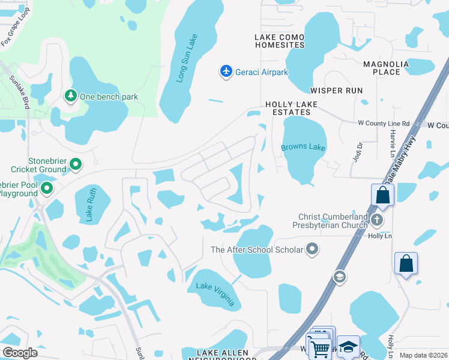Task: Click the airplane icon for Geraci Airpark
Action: coord(226,72)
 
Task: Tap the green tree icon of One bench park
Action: coord(71,96)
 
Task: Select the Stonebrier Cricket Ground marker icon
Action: coord(76,164)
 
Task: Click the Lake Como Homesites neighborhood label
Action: coord(280,41)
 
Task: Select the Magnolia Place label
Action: coord(386,68)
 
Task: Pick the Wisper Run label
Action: coord(336,91)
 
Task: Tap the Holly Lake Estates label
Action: coord(292,108)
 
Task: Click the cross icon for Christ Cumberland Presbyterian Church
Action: coord(377,220)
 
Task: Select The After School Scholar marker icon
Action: coord(312,249)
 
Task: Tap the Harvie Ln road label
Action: coord(393,145)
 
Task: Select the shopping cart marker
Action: coord(319,347)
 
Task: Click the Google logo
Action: coord(20,353)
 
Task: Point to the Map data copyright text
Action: coord(423,355)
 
